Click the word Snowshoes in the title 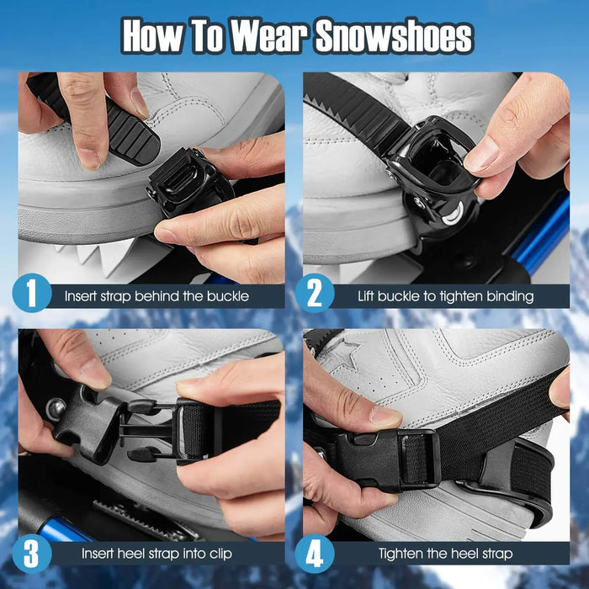393,36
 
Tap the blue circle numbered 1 32,294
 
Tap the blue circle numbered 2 315,294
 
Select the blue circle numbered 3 32,553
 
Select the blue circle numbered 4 315,553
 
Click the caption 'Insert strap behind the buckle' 157,296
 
